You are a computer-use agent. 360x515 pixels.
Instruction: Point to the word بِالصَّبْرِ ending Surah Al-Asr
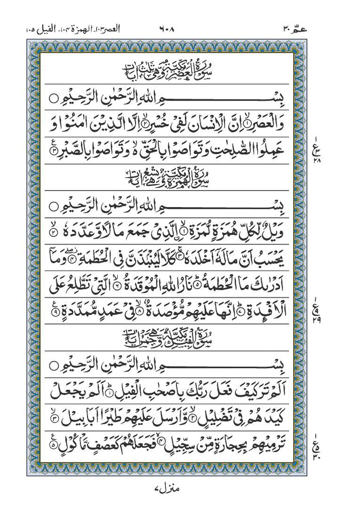point(75,150)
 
